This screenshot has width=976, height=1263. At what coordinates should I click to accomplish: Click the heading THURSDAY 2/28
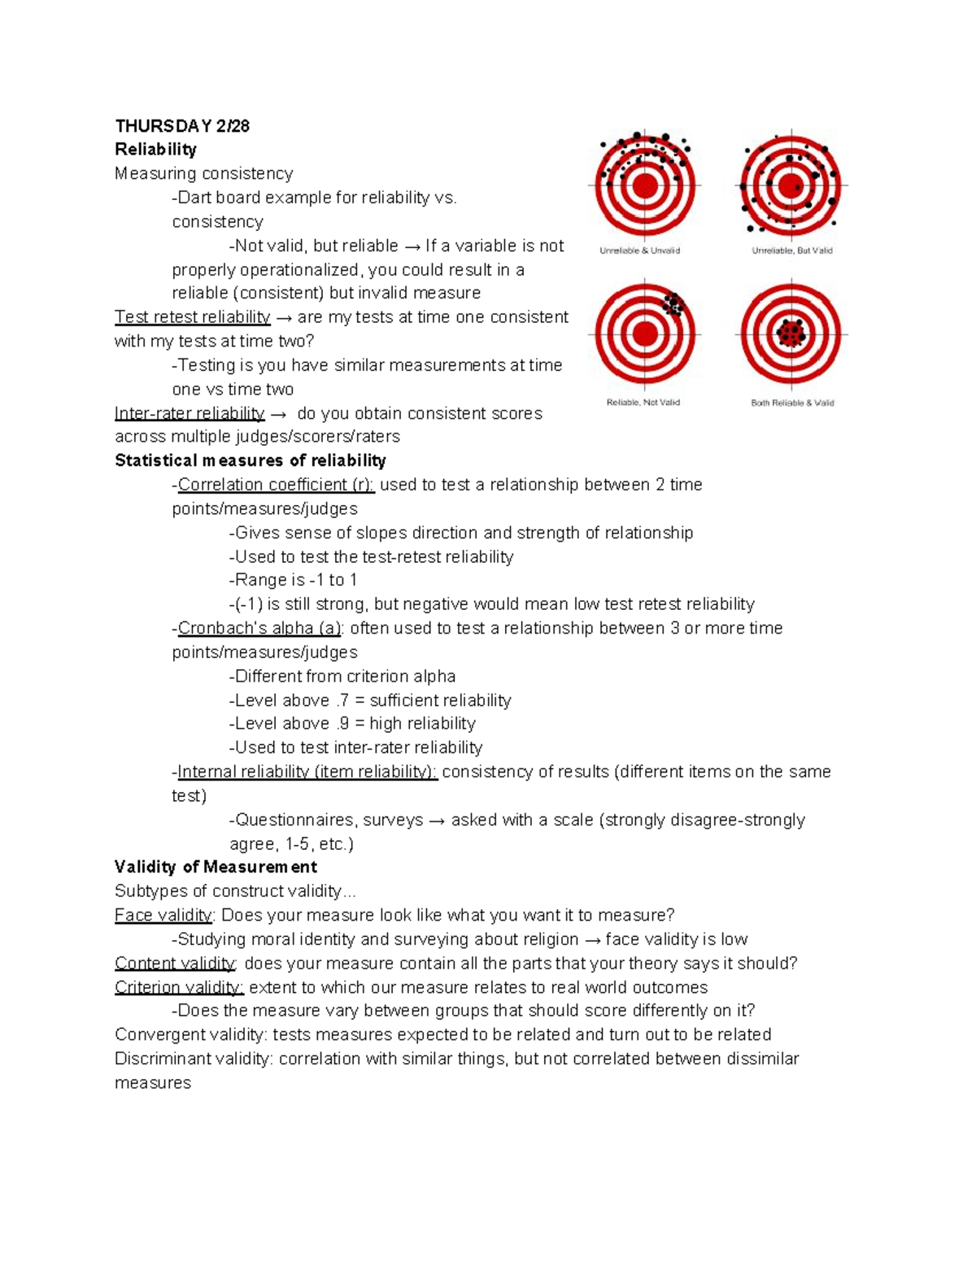click(x=182, y=126)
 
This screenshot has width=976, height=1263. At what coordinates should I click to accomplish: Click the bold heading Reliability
click(x=155, y=150)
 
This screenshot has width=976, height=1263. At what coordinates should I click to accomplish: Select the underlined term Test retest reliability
click(x=192, y=317)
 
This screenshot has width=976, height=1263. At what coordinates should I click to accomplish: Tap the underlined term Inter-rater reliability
click(x=190, y=413)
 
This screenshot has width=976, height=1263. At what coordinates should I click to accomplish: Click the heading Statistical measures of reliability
click(x=251, y=461)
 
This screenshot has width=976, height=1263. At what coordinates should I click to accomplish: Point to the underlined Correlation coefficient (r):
click(x=276, y=485)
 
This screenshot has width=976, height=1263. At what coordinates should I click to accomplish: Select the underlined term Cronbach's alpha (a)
click(x=259, y=629)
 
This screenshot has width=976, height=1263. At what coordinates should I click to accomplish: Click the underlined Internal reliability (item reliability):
click(x=307, y=772)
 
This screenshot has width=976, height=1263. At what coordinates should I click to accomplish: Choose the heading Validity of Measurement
click(x=216, y=867)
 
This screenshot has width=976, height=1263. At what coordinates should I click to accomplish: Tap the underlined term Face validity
click(x=163, y=916)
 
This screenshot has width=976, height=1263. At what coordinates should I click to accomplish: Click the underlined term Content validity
click(x=175, y=964)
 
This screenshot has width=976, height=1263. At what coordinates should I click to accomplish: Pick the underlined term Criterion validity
click(x=179, y=987)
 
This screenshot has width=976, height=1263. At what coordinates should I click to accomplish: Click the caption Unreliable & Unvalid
click(x=640, y=250)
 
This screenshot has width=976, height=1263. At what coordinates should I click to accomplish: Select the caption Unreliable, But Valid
click(x=792, y=250)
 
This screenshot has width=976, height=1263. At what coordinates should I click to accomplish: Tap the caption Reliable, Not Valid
click(x=643, y=403)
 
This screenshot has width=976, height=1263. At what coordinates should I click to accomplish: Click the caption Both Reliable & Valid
click(x=792, y=403)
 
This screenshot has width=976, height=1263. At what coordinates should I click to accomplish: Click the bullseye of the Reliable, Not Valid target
click(x=645, y=333)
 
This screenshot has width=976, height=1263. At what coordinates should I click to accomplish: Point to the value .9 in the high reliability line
click(x=344, y=724)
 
